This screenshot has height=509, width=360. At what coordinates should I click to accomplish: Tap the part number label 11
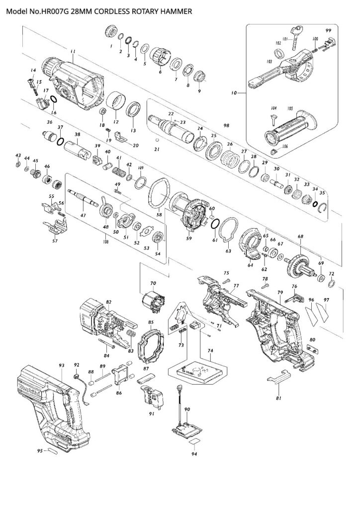coord(73,52)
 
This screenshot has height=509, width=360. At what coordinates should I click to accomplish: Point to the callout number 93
coord(62,365)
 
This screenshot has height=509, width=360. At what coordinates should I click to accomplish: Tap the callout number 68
coord(300,236)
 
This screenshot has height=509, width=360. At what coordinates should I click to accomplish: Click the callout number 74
coord(210,350)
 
